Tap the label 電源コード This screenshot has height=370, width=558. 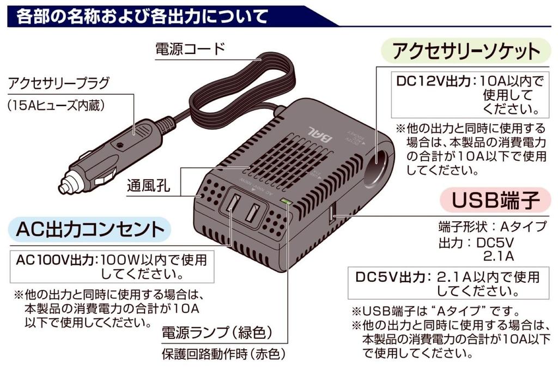tap(190, 50)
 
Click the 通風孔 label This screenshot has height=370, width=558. tap(148, 185)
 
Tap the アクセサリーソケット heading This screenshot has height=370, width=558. tap(466, 52)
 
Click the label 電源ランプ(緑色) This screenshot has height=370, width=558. tap(217, 332)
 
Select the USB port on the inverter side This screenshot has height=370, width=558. tap(331, 214)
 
